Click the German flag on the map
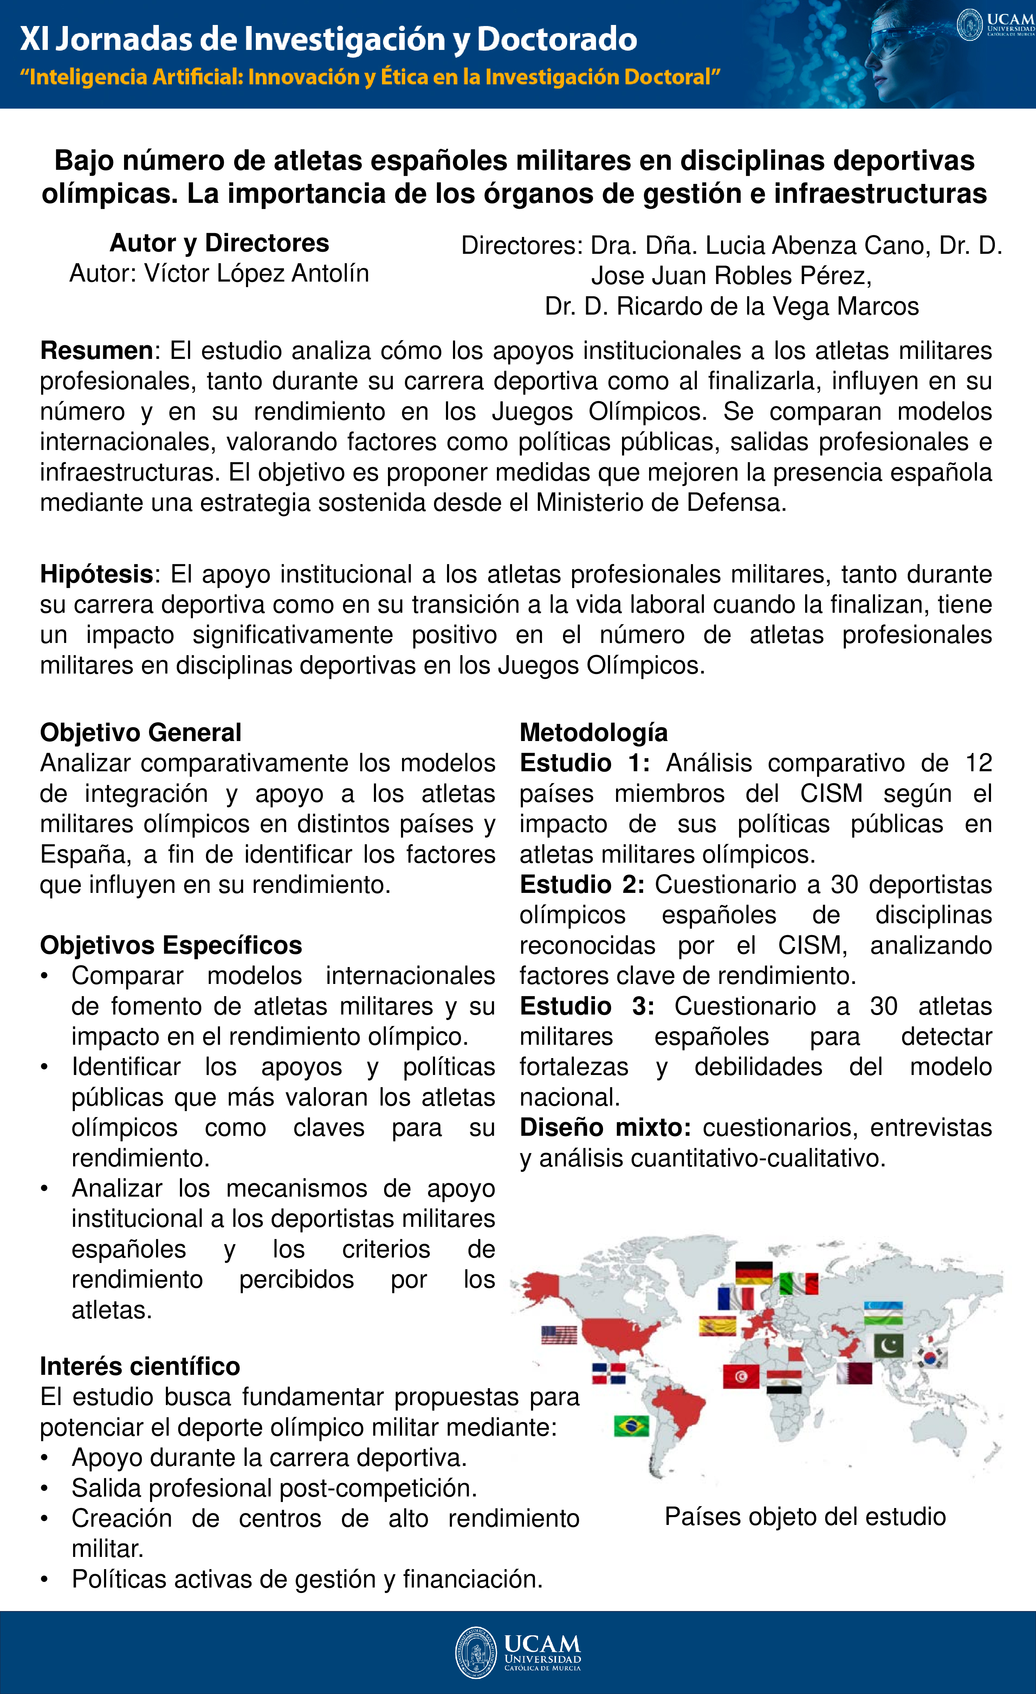754,1273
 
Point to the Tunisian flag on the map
741,1376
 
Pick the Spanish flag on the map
717,1325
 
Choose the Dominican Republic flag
609,1373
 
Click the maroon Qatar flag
855,1373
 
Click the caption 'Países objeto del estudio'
805,1516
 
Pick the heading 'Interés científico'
140,1366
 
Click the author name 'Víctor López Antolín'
257,273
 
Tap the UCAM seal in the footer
476,1652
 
